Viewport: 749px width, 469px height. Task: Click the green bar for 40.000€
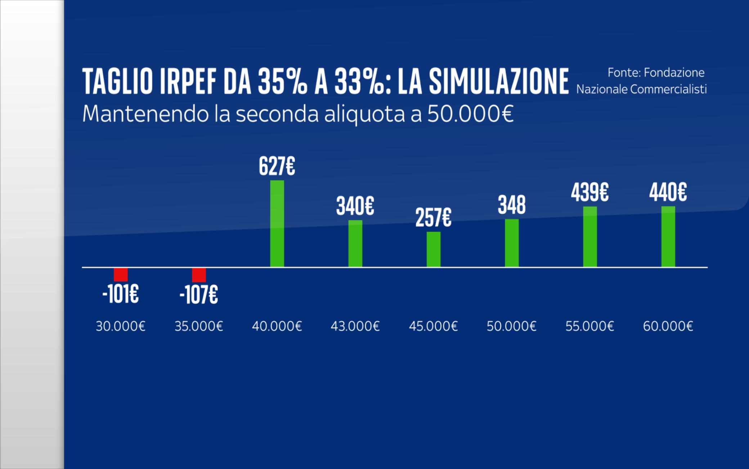pos(277,223)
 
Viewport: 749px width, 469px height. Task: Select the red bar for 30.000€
pos(121,274)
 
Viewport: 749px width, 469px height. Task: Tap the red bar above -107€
pos(199,275)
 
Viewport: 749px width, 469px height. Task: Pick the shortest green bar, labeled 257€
pos(433,249)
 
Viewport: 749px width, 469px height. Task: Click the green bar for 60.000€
pos(668,236)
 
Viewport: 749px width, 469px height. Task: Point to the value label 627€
pos(277,166)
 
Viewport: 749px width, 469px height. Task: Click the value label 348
pos(511,205)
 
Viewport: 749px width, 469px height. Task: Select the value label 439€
pos(589,192)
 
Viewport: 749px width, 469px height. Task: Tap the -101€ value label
pos(121,294)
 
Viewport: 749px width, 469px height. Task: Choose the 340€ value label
pos(355,206)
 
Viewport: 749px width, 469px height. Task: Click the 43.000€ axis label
pos(355,326)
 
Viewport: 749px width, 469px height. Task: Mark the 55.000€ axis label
pos(589,326)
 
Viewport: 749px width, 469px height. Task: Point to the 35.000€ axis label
pos(199,326)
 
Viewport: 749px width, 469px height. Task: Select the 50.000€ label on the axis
pos(511,326)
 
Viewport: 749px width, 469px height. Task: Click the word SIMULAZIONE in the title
pos(499,82)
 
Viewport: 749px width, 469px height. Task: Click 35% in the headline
pos(282,82)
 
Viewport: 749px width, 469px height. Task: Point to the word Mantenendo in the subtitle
pos(145,114)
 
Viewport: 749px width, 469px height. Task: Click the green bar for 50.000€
pos(511,243)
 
